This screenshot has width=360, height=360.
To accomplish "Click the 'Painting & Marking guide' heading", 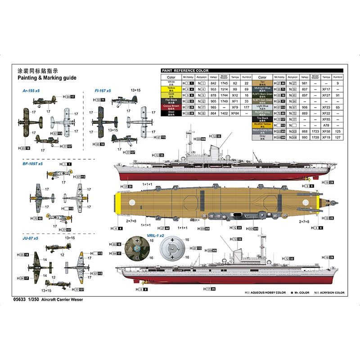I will click(46, 78).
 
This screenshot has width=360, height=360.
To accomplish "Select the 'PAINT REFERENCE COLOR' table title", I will click(185, 71).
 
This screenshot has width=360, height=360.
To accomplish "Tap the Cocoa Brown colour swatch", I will click(171, 108).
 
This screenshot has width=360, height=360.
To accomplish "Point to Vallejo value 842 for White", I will click(214, 83).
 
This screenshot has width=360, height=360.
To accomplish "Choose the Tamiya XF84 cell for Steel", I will click(235, 113).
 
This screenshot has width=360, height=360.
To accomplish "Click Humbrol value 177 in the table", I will click(246, 108).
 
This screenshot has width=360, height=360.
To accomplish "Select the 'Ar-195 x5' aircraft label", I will click(31, 91).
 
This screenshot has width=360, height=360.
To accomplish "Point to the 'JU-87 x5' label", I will click(30, 238).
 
